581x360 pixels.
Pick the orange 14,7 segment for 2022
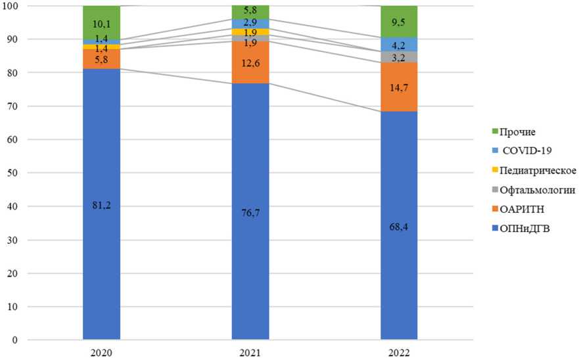399,87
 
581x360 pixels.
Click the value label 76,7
250,212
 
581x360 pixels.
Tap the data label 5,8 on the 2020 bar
101,58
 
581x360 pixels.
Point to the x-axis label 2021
250,353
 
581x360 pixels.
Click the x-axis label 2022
399,353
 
